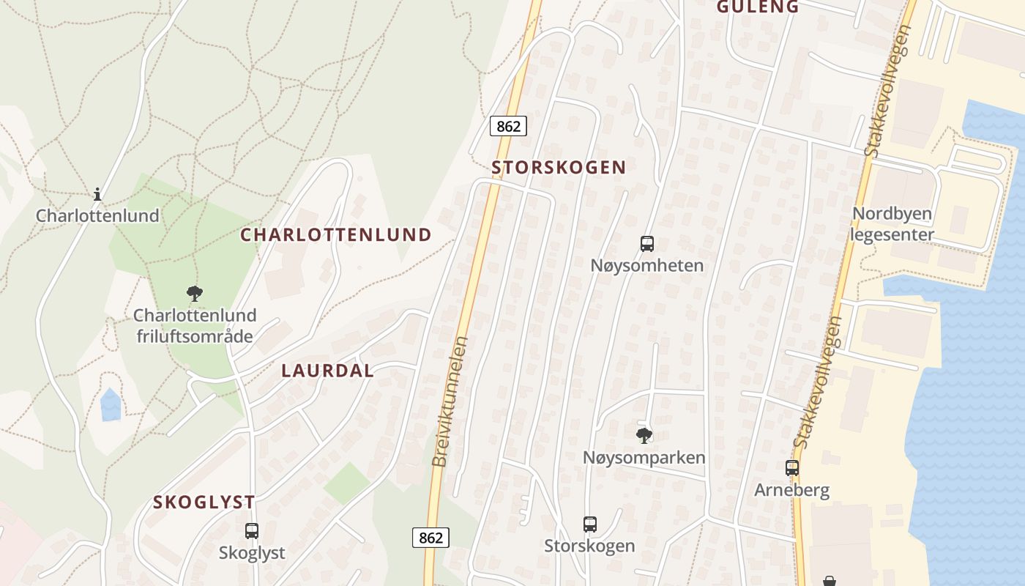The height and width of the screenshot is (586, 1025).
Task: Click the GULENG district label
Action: coord(757,7)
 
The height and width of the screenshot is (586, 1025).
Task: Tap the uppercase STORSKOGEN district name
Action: coord(559,167)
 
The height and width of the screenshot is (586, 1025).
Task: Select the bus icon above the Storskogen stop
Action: coord(590,524)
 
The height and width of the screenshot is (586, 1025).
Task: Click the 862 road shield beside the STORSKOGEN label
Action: coord(508,126)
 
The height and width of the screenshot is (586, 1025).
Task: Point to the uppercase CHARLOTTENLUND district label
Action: coord(336,234)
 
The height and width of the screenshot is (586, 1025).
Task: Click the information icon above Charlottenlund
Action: coord(97,194)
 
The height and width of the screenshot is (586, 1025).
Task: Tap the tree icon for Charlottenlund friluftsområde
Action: coord(194,294)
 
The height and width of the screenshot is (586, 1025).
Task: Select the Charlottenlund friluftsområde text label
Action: coord(195,326)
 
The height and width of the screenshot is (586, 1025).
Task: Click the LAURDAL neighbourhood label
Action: coord(327,371)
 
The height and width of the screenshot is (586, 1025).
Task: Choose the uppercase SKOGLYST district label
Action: coord(204,502)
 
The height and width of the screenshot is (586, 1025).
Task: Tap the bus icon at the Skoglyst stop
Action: coord(252,530)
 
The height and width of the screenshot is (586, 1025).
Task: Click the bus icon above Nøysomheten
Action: coord(647,244)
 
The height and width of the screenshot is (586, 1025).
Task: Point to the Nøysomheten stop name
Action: coord(647,265)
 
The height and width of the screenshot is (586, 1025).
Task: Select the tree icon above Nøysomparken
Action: coord(644,436)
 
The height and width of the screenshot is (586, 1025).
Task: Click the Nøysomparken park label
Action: coord(644,458)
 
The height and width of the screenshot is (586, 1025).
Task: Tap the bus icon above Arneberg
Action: coord(791,467)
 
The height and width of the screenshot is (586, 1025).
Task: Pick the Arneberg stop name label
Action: coord(791,490)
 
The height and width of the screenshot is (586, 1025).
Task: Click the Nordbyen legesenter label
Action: coord(892,224)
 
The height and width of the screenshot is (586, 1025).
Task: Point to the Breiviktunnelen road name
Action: coord(450,401)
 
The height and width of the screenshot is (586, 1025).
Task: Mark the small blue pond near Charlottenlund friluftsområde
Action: coord(111,405)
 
